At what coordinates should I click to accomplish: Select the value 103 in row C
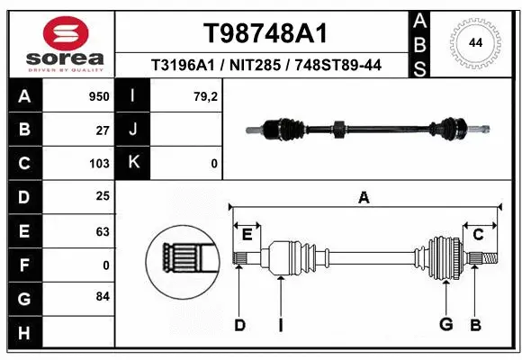tap(99, 164)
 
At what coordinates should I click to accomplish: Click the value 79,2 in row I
tap(208, 94)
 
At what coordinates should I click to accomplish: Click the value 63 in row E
tap(103, 231)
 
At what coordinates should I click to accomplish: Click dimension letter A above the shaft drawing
tap(364, 198)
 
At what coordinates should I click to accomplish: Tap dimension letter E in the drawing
tap(247, 235)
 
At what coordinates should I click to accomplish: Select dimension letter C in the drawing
tap(479, 235)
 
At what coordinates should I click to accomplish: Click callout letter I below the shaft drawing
tap(280, 326)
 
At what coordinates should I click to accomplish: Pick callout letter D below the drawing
tap(239, 326)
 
